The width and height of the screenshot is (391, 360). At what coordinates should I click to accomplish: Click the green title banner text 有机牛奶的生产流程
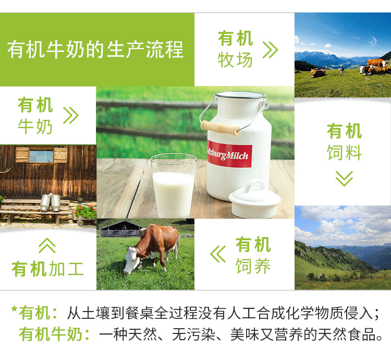tap(95, 49)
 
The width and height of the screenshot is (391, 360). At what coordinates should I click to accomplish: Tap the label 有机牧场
tap(235, 49)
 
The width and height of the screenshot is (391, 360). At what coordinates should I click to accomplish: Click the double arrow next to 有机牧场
tap(270, 50)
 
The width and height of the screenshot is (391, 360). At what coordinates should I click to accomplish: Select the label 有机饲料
tap(345, 142)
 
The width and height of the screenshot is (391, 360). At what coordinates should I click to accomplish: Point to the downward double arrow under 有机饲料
tap(344, 179)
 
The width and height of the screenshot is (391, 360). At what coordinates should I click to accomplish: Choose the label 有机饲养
tap(253, 255)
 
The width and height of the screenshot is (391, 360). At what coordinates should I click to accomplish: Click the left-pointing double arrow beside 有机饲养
tap(218, 254)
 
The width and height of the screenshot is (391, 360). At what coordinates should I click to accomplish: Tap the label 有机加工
tap(47, 269)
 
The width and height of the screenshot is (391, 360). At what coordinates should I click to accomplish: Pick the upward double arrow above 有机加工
tap(47, 245)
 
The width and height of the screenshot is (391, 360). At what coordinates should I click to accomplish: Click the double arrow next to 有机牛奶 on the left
tap(71, 115)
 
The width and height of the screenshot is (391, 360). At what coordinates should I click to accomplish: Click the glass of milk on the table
tap(174, 186)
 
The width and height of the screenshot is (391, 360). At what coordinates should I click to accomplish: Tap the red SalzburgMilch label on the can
tap(229, 154)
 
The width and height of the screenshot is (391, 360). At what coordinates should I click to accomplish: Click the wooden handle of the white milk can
tap(220, 128)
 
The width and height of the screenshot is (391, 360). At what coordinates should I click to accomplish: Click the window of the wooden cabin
tap(41, 155)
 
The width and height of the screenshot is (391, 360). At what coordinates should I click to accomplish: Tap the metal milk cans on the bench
tap(50, 202)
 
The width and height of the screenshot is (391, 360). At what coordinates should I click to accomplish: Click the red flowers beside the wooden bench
tap(86, 212)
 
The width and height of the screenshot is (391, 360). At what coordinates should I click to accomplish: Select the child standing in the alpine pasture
tap(342, 70)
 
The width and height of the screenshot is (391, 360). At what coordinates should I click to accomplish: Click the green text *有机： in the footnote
tap(34, 313)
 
